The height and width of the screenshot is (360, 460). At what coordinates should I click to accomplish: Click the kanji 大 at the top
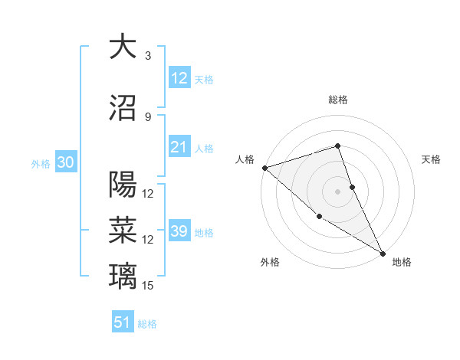click(x=122, y=47)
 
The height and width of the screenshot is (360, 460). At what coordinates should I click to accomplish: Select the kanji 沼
click(x=122, y=108)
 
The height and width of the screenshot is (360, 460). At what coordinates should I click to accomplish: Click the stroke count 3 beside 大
click(x=147, y=56)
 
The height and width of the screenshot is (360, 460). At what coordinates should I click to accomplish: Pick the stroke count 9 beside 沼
click(x=147, y=116)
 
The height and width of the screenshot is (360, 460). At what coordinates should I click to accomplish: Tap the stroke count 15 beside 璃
click(x=149, y=286)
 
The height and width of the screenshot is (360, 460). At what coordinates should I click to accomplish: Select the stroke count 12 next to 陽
click(x=149, y=194)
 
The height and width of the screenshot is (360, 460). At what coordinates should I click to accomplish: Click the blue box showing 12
click(x=179, y=78)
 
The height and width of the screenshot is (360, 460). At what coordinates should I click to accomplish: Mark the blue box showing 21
click(x=179, y=147)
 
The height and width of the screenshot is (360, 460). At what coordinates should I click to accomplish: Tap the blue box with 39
click(x=179, y=231)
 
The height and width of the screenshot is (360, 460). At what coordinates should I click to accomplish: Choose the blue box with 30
click(x=65, y=162)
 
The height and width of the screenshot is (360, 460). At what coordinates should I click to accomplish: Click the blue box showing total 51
click(x=123, y=322)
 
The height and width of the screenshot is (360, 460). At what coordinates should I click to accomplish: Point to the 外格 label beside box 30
click(x=41, y=163)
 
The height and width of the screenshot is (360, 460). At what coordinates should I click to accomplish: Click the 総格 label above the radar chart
click(x=337, y=100)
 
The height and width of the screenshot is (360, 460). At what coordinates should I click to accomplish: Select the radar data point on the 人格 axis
click(x=264, y=168)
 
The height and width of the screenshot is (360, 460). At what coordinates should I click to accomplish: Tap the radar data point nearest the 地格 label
click(x=383, y=253)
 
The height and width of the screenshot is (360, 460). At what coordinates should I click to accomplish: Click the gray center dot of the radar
click(x=337, y=191)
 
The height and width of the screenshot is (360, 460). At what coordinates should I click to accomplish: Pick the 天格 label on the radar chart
click(x=431, y=159)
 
